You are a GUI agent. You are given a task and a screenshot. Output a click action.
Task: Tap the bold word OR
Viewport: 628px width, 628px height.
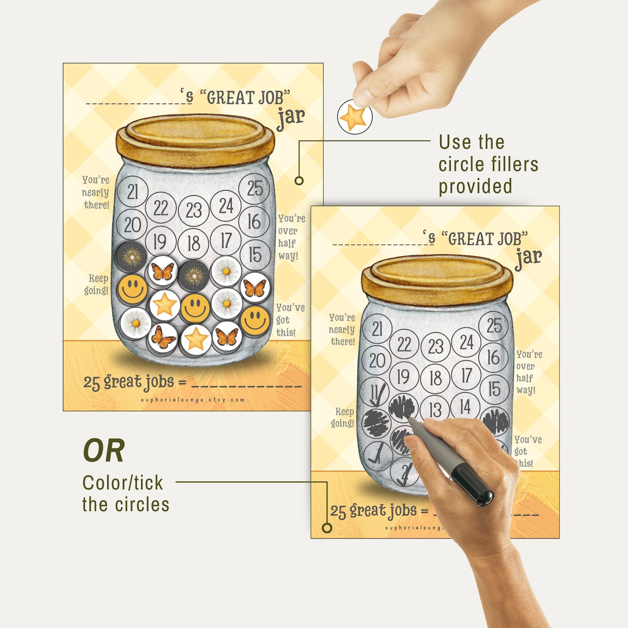(104, 450)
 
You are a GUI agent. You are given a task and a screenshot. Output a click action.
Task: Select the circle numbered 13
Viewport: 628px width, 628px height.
(435, 410)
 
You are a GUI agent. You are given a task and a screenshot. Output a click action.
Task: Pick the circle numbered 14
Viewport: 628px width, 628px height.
(465, 406)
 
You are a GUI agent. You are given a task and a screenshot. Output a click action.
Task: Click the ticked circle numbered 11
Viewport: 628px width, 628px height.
(376, 393)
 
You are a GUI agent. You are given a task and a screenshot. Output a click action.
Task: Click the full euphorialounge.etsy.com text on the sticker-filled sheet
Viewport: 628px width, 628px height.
(193, 400)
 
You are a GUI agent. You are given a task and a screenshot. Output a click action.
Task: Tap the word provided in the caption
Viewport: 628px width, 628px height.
(475, 186)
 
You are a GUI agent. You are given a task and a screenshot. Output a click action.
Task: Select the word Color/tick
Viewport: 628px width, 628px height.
(123, 483)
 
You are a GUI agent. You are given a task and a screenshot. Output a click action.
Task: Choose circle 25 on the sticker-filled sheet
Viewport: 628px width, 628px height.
(255, 188)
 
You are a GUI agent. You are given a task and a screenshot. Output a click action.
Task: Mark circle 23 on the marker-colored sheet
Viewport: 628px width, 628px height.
(435, 347)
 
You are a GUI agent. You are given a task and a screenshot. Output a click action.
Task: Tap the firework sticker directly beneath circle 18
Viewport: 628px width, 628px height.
(193, 275)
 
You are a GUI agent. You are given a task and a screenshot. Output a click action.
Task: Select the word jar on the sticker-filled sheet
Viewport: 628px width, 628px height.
(291, 117)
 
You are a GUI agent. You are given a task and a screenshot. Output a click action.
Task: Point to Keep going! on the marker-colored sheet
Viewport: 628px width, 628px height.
(343, 418)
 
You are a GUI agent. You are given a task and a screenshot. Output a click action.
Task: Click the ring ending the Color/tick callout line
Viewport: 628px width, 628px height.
(327, 528)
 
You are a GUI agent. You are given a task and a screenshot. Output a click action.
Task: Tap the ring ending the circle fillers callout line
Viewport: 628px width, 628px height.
(299, 181)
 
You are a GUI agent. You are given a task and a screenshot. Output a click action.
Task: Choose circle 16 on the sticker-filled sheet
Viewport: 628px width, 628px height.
(254, 221)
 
